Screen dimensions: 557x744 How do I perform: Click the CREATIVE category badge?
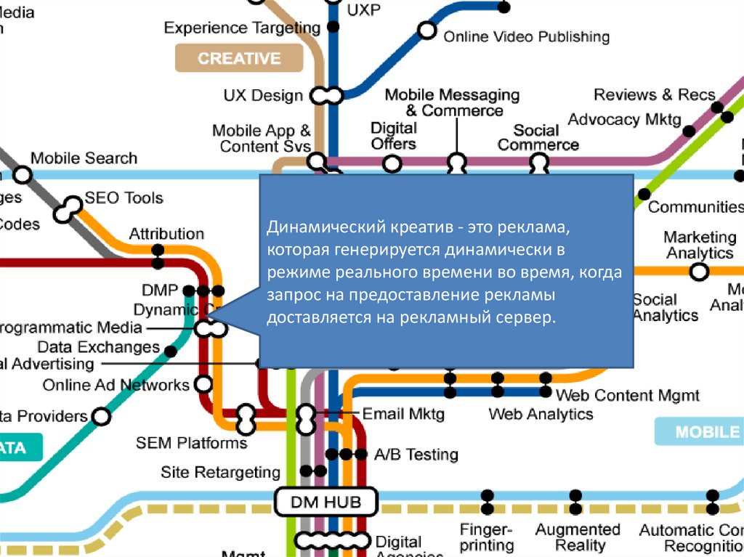(239, 58)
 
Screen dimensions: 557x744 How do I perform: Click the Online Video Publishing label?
(526, 36)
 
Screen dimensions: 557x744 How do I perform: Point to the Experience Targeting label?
(242, 28)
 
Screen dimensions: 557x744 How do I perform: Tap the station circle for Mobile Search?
(23, 175)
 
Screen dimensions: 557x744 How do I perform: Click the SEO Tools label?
(124, 198)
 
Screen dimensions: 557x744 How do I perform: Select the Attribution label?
(166, 234)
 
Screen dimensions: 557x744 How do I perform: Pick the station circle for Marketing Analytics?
(699, 272)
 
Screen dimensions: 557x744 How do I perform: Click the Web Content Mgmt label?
(628, 395)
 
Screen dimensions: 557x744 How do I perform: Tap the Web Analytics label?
(541, 414)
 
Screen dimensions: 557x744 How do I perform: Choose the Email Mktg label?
(403, 414)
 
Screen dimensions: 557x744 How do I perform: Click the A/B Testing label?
(416, 455)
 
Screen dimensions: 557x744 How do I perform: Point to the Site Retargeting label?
(220, 472)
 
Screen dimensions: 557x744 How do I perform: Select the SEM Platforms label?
(191, 442)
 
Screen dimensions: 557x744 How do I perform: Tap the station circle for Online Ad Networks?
(205, 383)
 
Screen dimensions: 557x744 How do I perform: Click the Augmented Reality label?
(578, 537)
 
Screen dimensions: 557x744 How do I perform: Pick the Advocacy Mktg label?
(625, 119)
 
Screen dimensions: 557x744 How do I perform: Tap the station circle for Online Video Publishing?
(427, 31)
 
